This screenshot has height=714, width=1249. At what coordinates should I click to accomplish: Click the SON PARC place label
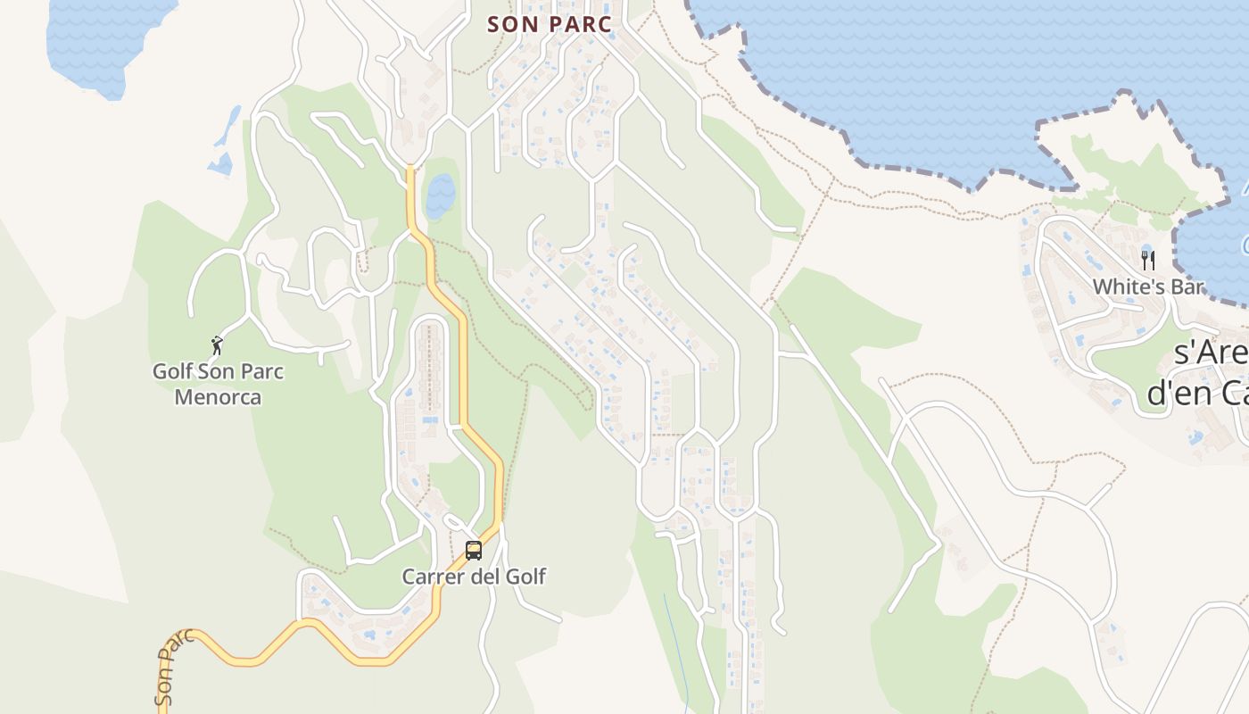tap(550, 24)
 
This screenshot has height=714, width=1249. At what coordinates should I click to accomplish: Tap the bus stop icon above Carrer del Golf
tap(474, 551)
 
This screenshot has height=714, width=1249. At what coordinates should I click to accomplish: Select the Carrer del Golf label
tap(474, 577)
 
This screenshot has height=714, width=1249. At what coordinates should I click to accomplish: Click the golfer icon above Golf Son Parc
tap(217, 345)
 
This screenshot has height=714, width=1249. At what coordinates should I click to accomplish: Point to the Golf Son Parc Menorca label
tap(219, 384)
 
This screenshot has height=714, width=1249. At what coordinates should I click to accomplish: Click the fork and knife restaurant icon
tap(1148, 261)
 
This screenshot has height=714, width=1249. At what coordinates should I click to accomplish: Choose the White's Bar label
tap(1148, 287)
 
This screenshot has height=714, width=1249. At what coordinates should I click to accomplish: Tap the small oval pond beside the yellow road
tap(440, 196)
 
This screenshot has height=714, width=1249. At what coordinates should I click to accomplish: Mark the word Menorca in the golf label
tap(219, 397)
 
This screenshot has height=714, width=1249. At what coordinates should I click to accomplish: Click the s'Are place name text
tap(1210, 353)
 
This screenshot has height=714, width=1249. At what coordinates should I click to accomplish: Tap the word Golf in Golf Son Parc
tap(172, 371)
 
